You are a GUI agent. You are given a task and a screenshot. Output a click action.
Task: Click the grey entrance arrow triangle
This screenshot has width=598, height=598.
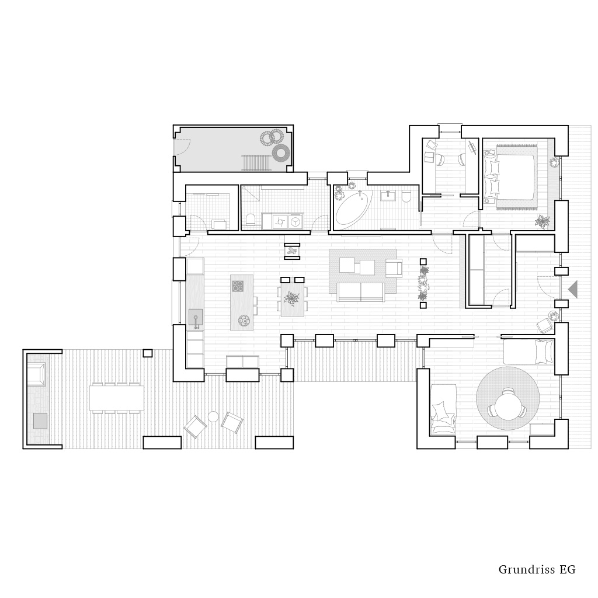click(x=573, y=289)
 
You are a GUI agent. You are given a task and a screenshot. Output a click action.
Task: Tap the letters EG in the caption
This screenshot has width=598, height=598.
click(x=568, y=570)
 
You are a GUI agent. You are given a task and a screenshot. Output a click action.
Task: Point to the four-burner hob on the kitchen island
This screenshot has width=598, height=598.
click(x=238, y=286)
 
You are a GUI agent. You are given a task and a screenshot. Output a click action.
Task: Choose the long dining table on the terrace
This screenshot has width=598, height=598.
click(x=117, y=398)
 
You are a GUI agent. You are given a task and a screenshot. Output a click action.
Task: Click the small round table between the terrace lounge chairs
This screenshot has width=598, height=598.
click(x=213, y=417)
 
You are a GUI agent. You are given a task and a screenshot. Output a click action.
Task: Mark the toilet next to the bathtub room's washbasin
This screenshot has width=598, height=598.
click(x=406, y=196)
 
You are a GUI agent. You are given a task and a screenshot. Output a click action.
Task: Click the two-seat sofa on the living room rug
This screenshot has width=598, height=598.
click(x=361, y=292)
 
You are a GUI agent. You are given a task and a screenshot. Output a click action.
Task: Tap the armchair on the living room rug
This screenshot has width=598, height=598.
click(x=394, y=267)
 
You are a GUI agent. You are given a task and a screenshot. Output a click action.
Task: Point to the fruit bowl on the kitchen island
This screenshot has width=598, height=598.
click(x=244, y=321)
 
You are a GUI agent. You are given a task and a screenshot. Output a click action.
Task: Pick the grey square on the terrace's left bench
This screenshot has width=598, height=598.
click(x=40, y=420)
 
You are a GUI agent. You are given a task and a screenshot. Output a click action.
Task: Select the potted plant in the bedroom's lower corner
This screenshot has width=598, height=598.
click(x=542, y=221)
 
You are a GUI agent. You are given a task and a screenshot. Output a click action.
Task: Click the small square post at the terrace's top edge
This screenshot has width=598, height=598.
click(x=148, y=353)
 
